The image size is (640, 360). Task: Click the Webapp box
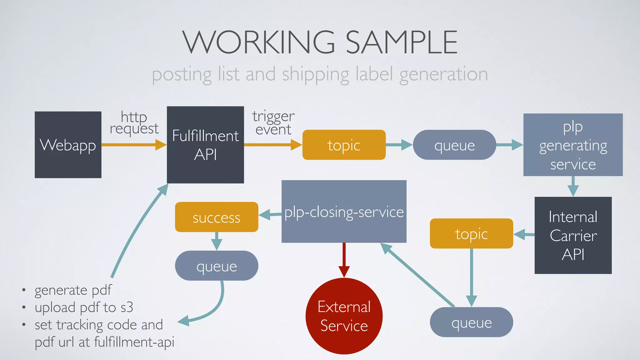(x=68, y=145)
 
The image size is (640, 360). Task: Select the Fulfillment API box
(x=205, y=145)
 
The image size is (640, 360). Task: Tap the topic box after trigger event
(x=344, y=145)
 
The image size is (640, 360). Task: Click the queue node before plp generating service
(x=454, y=145)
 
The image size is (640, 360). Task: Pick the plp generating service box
(x=573, y=145)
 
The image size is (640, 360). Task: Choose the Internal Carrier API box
(x=573, y=235)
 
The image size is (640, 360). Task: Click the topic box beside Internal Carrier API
(x=471, y=233)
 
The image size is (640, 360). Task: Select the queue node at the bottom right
(x=471, y=322)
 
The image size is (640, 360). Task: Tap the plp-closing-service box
(x=344, y=212)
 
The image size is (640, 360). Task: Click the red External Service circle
(x=344, y=316)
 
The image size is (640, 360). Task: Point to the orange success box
(x=216, y=217)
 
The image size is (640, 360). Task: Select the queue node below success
(x=216, y=266)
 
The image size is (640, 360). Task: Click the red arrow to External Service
(x=344, y=259)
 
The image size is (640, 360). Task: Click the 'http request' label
(x=134, y=122)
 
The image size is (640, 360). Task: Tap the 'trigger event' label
(x=273, y=122)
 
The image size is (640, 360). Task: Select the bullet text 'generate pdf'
(x=73, y=290)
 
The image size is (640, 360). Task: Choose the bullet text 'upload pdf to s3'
(x=84, y=307)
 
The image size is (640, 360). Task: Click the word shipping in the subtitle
(x=315, y=75)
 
